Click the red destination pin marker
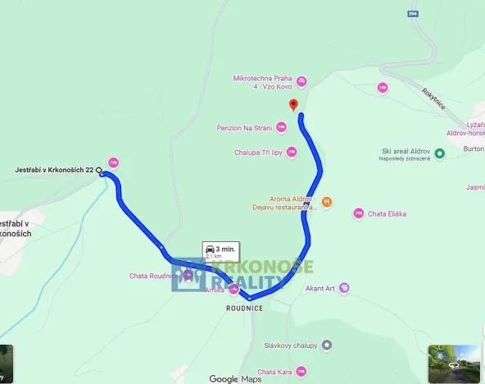click(293, 104)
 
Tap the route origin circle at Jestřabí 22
click(100, 171)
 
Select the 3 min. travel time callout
click(220, 250)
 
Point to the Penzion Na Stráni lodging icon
click(281, 127)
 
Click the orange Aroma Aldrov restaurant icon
click(326, 200)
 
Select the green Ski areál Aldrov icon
click(439, 153)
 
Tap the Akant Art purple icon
click(345, 288)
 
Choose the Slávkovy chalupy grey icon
click(326, 345)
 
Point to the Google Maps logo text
click(235, 378)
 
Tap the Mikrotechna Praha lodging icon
click(301, 80)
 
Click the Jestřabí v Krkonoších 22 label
click(54, 170)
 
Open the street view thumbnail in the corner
click(454, 363)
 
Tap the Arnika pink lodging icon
click(235, 289)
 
